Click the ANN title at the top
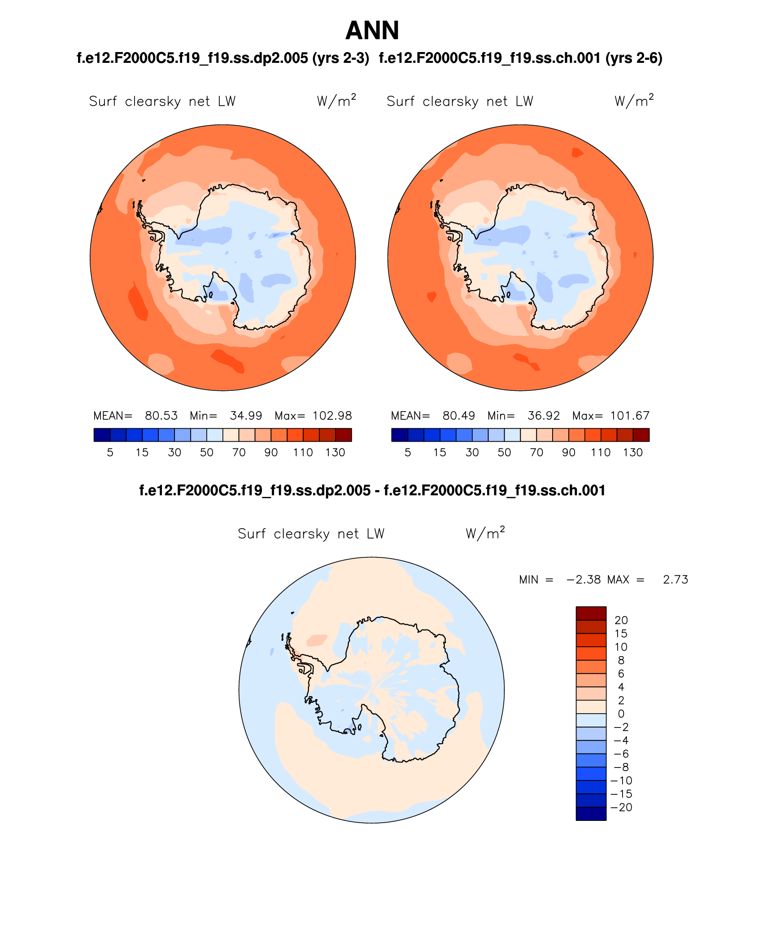372,31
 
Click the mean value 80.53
161,416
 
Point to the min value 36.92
544,416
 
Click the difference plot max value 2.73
675,579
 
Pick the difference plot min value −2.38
584,579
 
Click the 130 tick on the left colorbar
335,452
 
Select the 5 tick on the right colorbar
407,452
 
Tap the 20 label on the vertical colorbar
621,620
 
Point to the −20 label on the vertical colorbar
621,807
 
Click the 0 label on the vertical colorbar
621,714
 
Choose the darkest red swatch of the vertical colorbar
591,613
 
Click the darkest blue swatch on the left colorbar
102,435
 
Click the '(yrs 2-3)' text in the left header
341,58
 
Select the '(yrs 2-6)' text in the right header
634,58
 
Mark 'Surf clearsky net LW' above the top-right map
460,101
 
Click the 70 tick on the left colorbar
239,452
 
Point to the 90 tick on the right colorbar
568,452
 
